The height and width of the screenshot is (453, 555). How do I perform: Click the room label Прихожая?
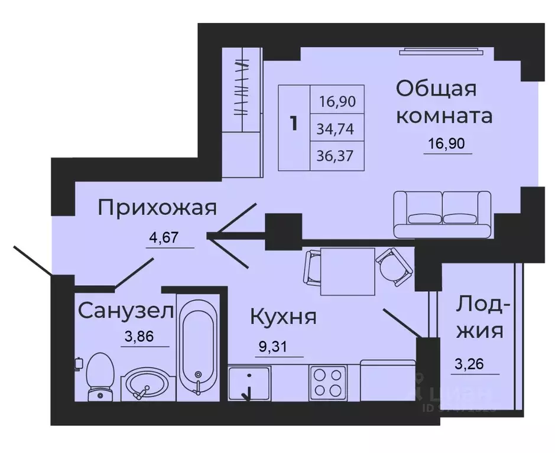(158, 208)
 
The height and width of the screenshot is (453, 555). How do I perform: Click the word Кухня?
(283, 317)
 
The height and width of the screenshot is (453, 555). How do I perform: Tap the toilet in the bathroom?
(97, 377)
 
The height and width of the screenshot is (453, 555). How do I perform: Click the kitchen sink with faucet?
(249, 382)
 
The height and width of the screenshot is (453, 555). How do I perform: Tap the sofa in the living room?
(443, 214)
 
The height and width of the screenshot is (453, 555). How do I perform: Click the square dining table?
(348, 272)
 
